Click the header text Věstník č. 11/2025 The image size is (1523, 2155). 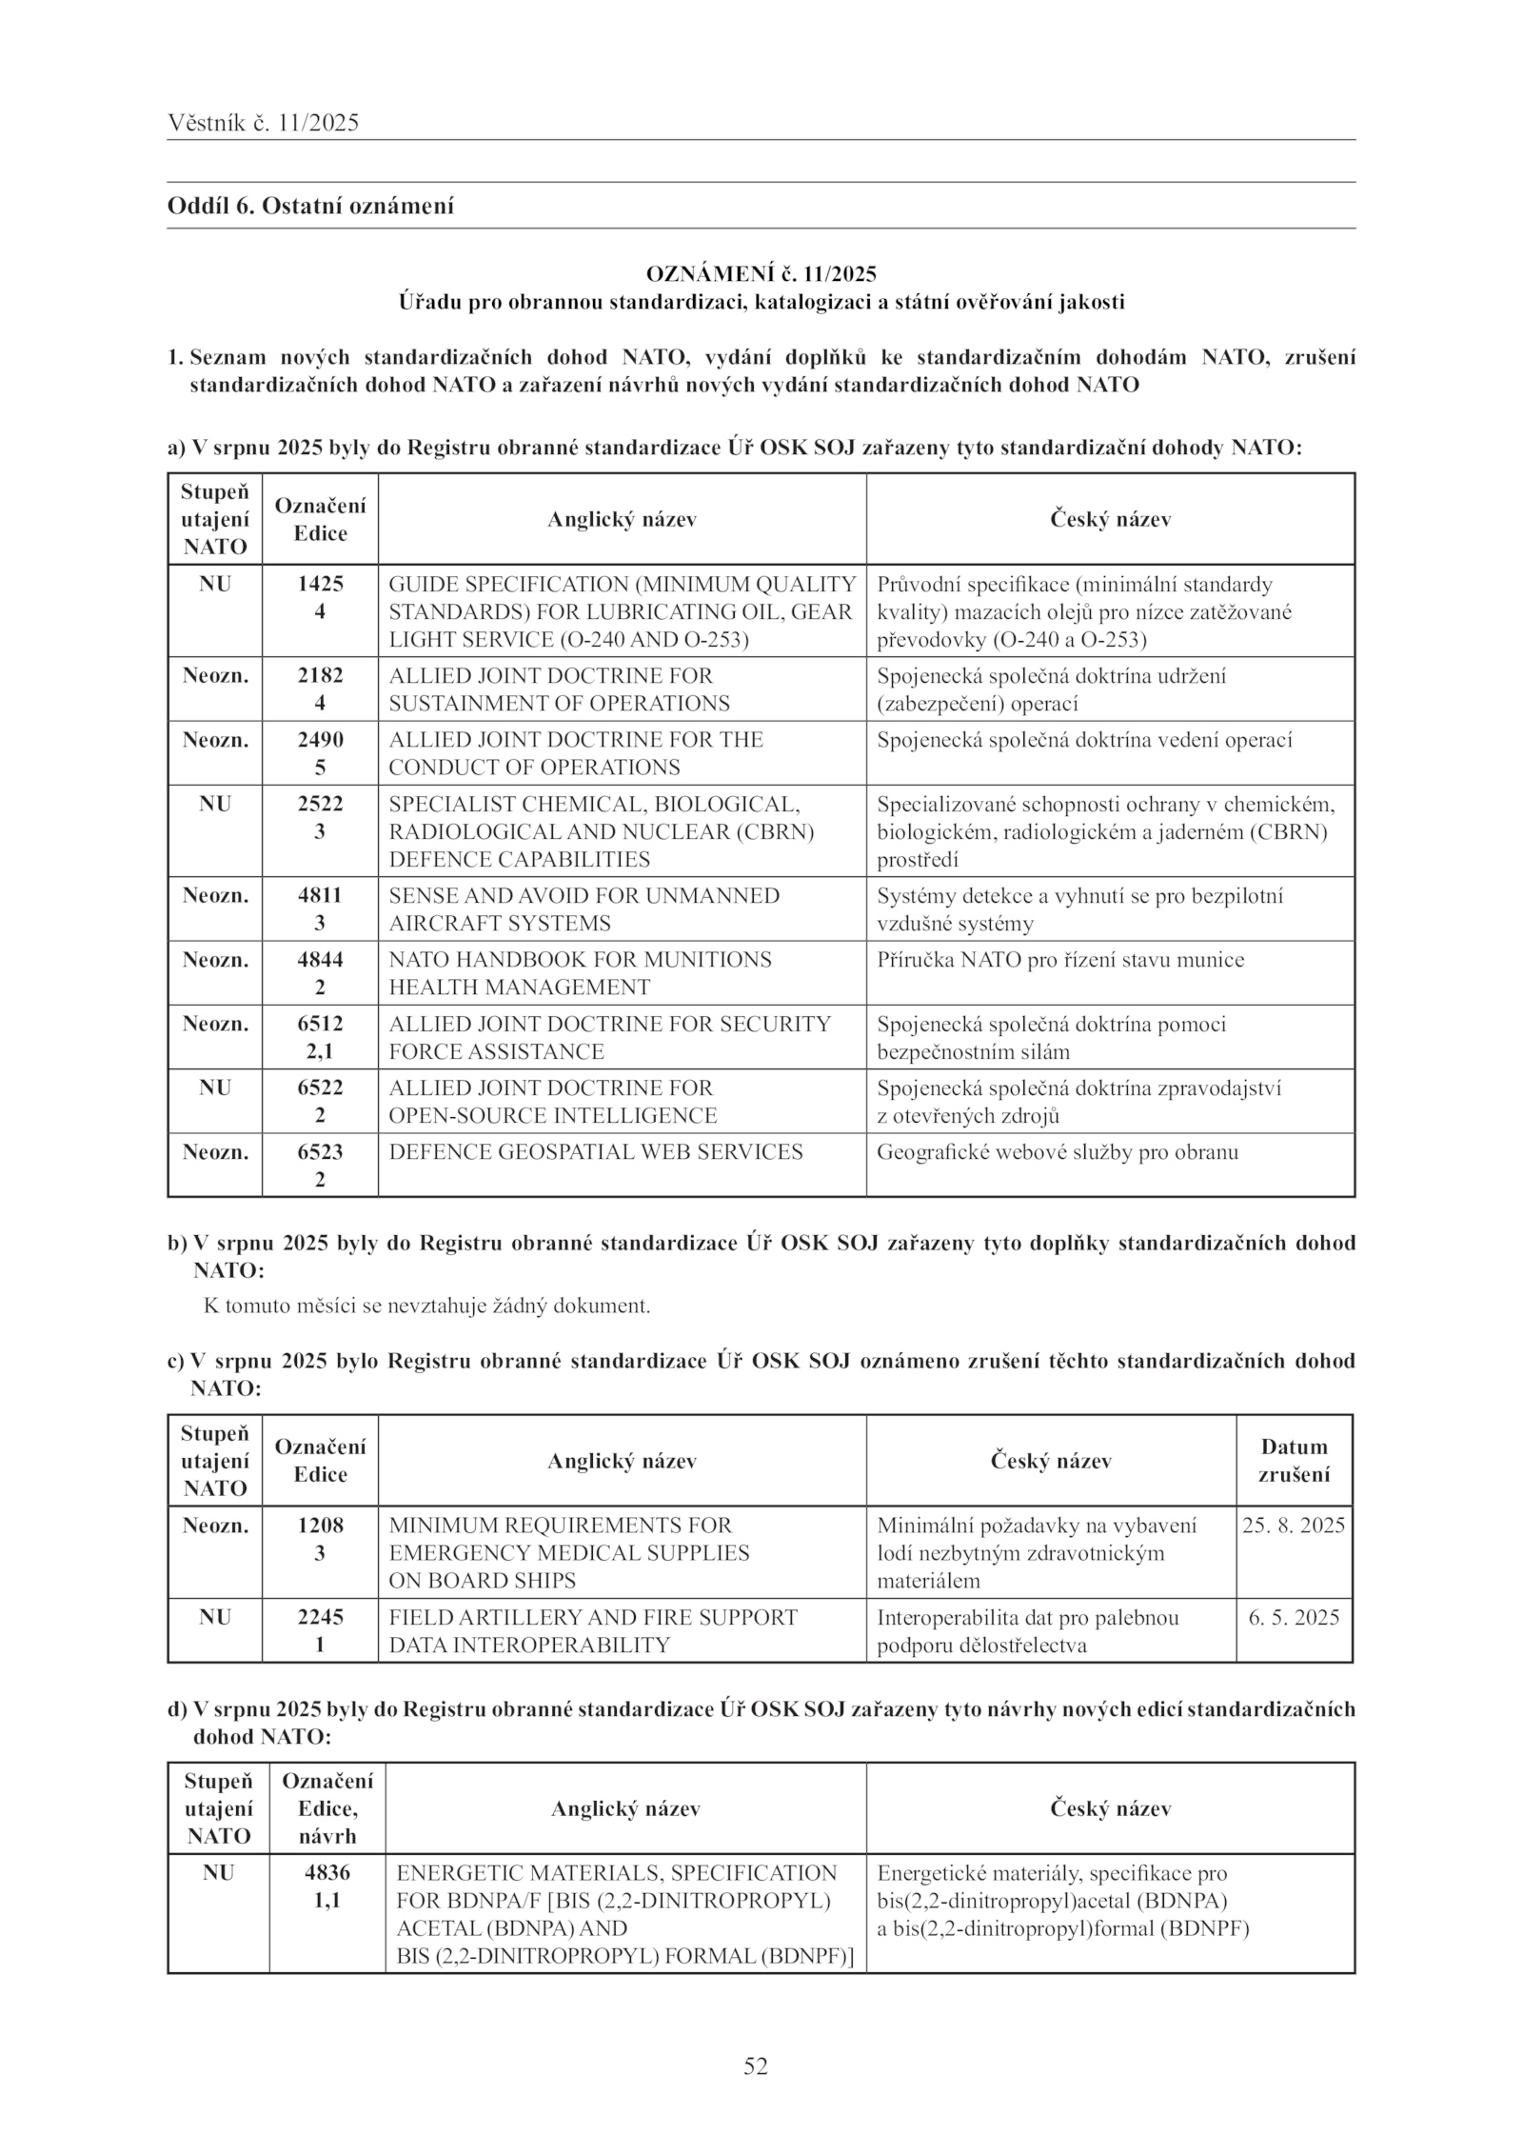click(263, 122)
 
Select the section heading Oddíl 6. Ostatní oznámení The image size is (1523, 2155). click(310, 206)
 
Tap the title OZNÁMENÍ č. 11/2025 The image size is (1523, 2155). click(761, 274)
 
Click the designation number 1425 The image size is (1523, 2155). click(320, 584)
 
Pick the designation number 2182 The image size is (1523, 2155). click(320, 676)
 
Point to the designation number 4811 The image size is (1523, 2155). click(320, 895)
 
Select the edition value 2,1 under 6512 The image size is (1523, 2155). click(320, 1051)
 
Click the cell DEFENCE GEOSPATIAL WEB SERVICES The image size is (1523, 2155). click(596, 1152)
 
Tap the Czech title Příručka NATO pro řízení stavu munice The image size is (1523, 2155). click(1060, 960)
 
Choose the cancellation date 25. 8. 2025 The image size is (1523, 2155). click(1294, 1526)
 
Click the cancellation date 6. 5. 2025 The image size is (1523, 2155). click(1294, 1618)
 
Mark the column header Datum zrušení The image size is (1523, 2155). click(1294, 1461)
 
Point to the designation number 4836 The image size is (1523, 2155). click(327, 1873)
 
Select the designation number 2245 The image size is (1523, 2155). click(320, 1617)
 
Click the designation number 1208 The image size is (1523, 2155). click(320, 1526)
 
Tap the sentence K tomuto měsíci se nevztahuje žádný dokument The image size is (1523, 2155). click(427, 1306)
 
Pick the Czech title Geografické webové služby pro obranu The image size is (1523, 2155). click(1058, 1152)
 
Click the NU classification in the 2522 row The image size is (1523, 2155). click(215, 804)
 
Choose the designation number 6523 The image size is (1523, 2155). click(320, 1152)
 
